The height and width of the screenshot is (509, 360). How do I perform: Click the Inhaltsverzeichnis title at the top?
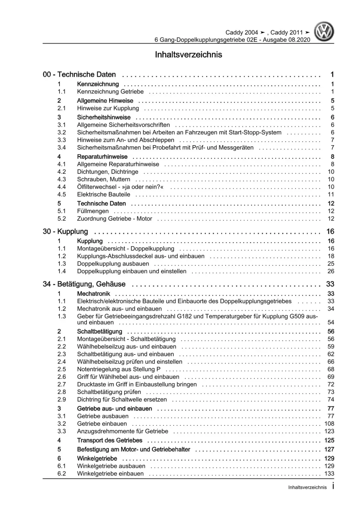(x=188, y=55)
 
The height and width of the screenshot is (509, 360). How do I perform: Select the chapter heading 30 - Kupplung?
(x=65, y=232)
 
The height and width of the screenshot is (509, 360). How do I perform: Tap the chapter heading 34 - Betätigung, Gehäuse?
(x=84, y=284)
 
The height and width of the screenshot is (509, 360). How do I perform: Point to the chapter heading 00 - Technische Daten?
(x=79, y=75)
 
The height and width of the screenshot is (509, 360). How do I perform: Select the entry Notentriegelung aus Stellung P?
(x=119, y=369)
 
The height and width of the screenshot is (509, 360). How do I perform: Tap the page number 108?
(x=329, y=424)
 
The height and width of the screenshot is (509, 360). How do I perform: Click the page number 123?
(x=329, y=431)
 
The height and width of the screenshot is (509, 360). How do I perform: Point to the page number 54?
(x=331, y=322)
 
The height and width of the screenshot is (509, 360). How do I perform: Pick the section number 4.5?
(x=62, y=195)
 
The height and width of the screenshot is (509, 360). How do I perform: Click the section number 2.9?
(x=62, y=399)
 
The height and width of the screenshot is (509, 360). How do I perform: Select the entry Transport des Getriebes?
(x=110, y=440)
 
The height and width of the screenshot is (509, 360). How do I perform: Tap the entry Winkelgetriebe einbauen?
(x=110, y=474)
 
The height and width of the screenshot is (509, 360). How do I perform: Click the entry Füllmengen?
(x=93, y=211)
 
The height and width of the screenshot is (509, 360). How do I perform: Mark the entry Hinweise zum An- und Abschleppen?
(x=125, y=140)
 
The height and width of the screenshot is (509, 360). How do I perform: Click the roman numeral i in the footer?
(x=333, y=487)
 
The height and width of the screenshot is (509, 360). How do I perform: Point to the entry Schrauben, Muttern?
(x=103, y=179)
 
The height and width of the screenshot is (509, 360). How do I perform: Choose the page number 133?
(x=329, y=474)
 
